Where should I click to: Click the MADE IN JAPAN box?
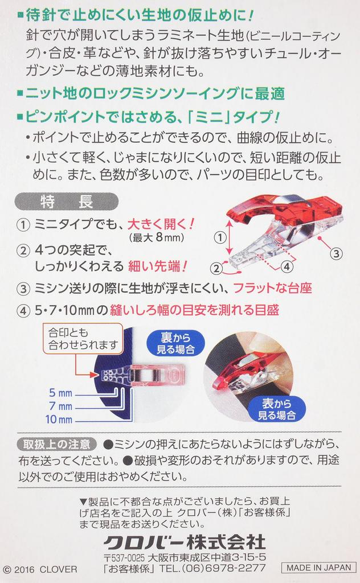pos(319,568)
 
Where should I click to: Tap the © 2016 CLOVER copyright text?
pos(40,569)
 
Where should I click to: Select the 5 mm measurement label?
pos(60,393)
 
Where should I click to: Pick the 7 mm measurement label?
pos(60,406)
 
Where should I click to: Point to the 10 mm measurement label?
pos(59,420)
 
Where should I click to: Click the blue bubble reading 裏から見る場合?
pos(175,343)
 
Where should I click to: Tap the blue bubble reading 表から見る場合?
pos(277,409)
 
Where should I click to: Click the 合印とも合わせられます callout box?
pos(83,338)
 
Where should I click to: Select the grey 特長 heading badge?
pos(67,202)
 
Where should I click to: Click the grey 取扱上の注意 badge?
pos(57,444)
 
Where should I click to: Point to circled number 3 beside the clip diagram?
pos(336,253)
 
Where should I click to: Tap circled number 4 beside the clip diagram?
pos(287,266)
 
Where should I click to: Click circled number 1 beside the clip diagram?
pos(220,237)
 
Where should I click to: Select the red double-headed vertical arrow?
pos(230,237)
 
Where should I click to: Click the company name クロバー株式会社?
pos(185,543)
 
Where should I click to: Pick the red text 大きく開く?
pos(161,224)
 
